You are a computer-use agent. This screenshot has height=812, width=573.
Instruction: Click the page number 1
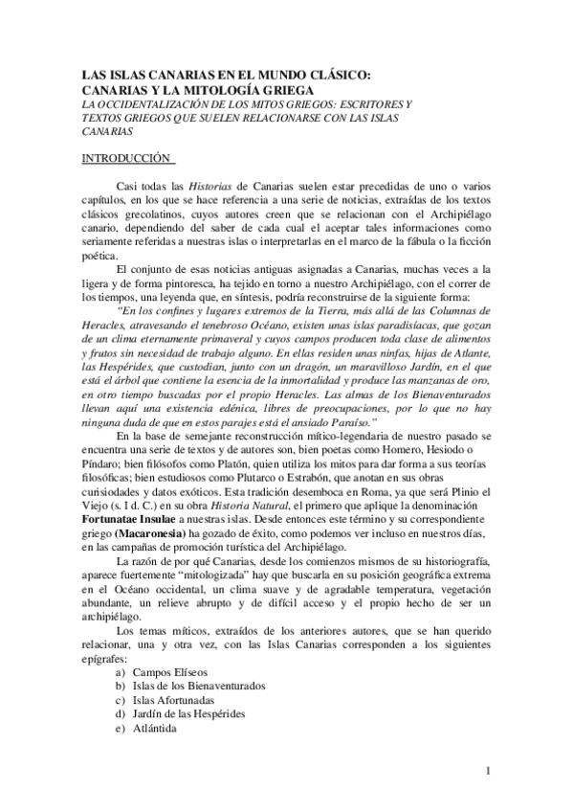coord(488,770)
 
